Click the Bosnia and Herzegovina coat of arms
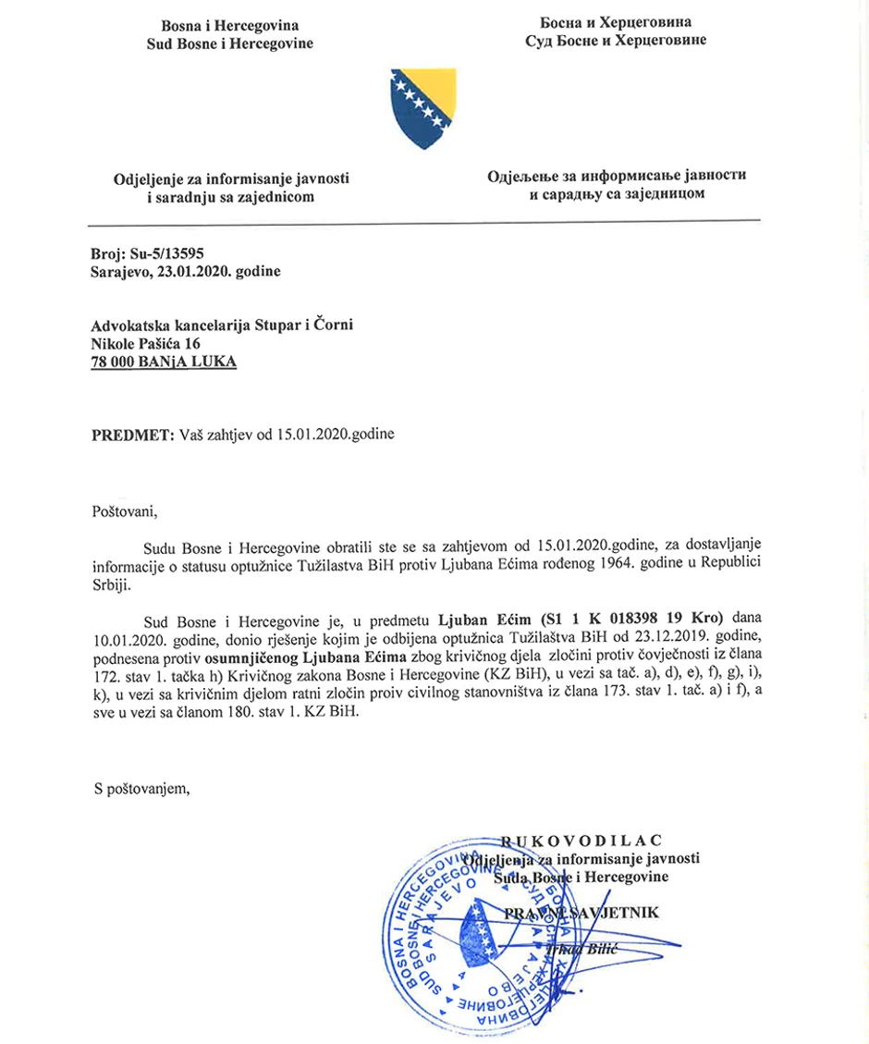421,106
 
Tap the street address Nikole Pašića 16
147,343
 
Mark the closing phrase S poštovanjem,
142,788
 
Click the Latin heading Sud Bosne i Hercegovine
230,43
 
